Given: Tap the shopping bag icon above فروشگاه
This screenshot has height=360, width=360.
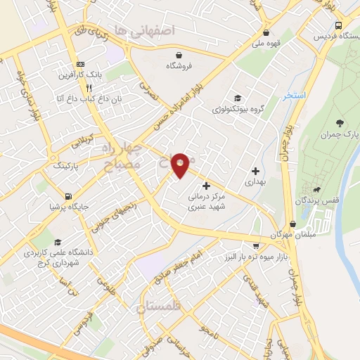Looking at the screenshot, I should pyautogui.click(x=179, y=55).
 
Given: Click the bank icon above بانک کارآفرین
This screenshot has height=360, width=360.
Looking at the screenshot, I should pyautogui.click(x=80, y=62).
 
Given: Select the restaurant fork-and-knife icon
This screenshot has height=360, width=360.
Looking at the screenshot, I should pyautogui.click(x=89, y=88).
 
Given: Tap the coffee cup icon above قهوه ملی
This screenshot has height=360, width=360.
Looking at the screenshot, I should pyautogui.click(x=266, y=32).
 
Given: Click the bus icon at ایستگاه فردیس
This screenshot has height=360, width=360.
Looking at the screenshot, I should pyautogui.click(x=340, y=25).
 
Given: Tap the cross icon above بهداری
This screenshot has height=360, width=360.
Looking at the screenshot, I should pyautogui.click(x=255, y=171).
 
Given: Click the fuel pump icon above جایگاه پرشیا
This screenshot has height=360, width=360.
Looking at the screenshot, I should pyautogui.click(x=67, y=196).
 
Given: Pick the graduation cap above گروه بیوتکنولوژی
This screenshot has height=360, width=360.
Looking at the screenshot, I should pyautogui.click(x=238, y=99).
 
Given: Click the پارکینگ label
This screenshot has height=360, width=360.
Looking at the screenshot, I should pyautogui.click(x=57, y=166).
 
